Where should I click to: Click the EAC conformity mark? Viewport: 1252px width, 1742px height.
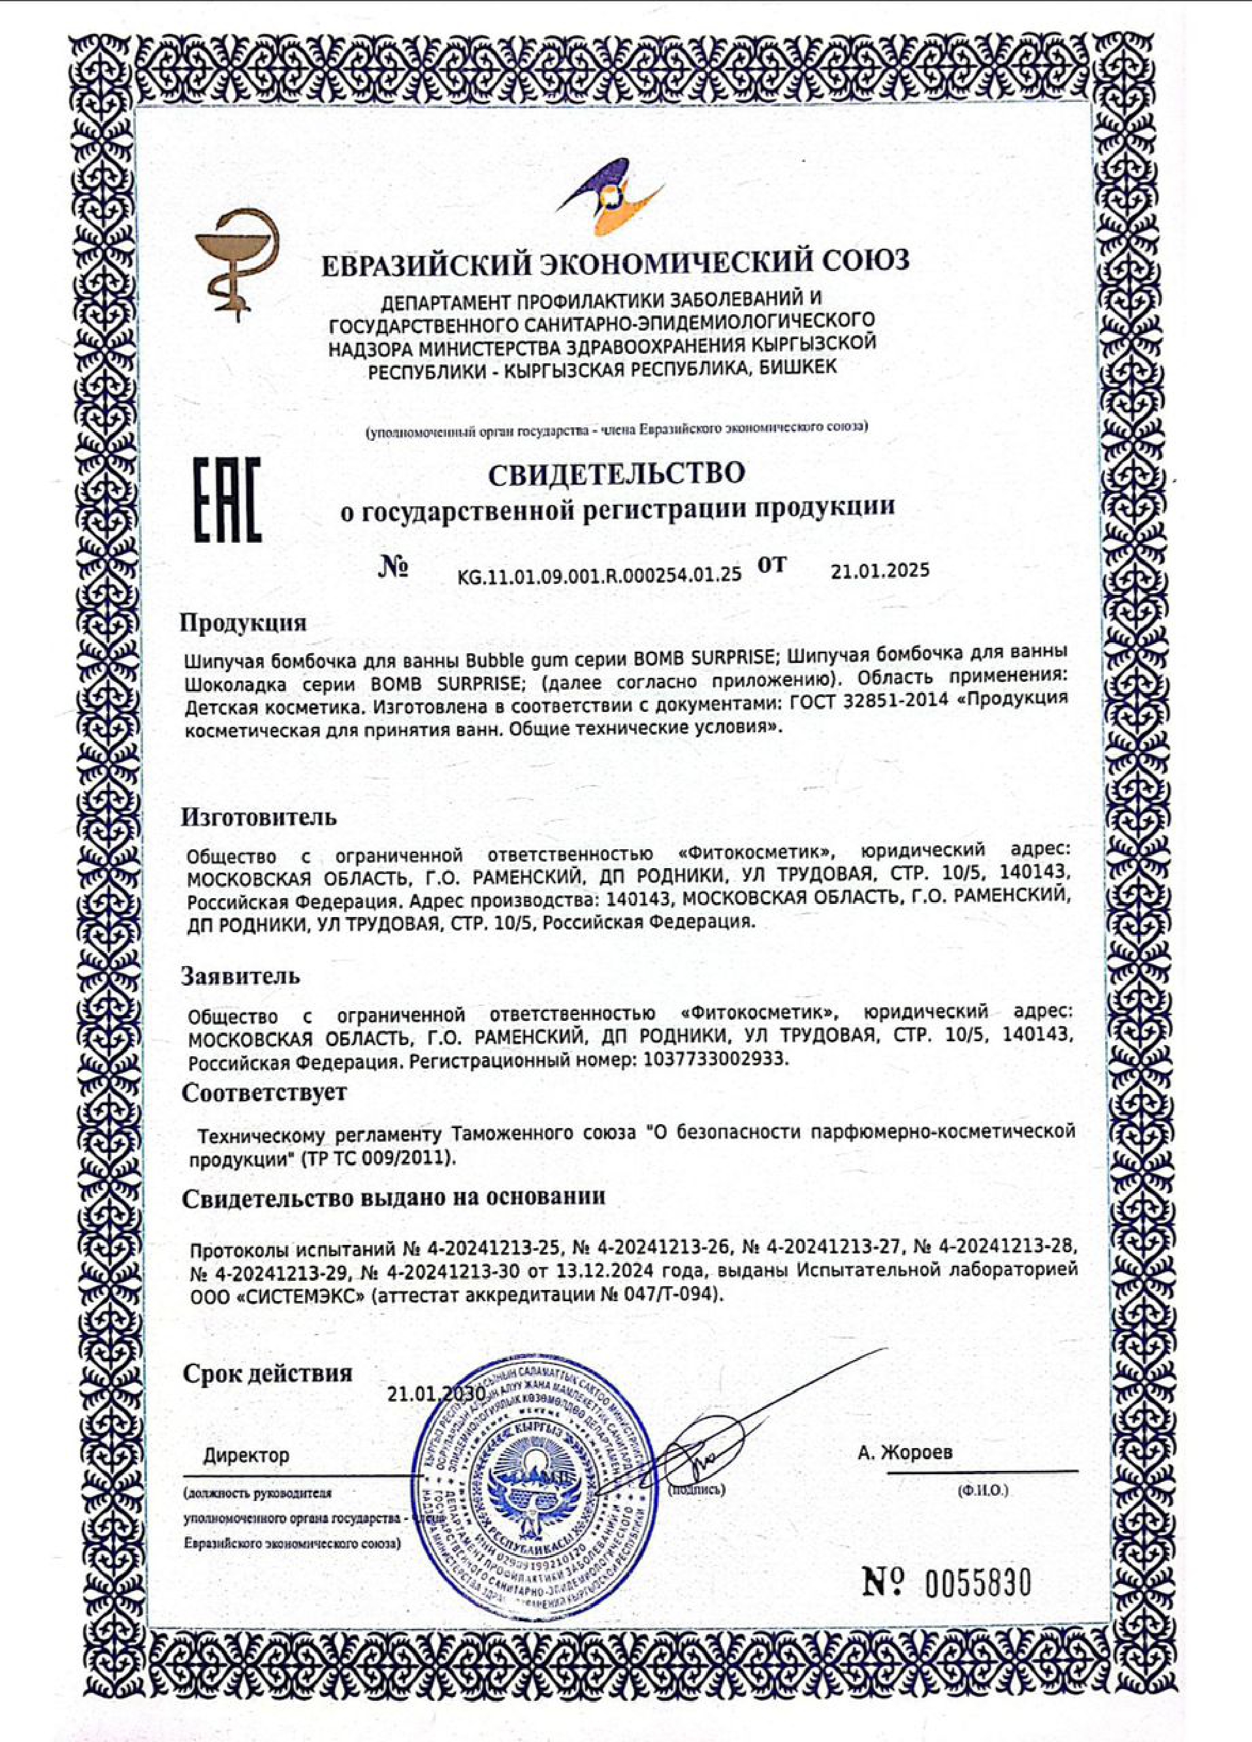click(x=226, y=500)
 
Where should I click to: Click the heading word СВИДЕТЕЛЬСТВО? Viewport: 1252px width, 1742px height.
click(x=618, y=473)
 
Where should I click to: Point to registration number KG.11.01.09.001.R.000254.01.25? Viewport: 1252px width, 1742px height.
click(x=599, y=573)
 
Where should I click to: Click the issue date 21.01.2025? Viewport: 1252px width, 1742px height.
click(x=880, y=571)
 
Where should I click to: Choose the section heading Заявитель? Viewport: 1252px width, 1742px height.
click(x=240, y=977)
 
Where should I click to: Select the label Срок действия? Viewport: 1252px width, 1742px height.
click(x=266, y=1374)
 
